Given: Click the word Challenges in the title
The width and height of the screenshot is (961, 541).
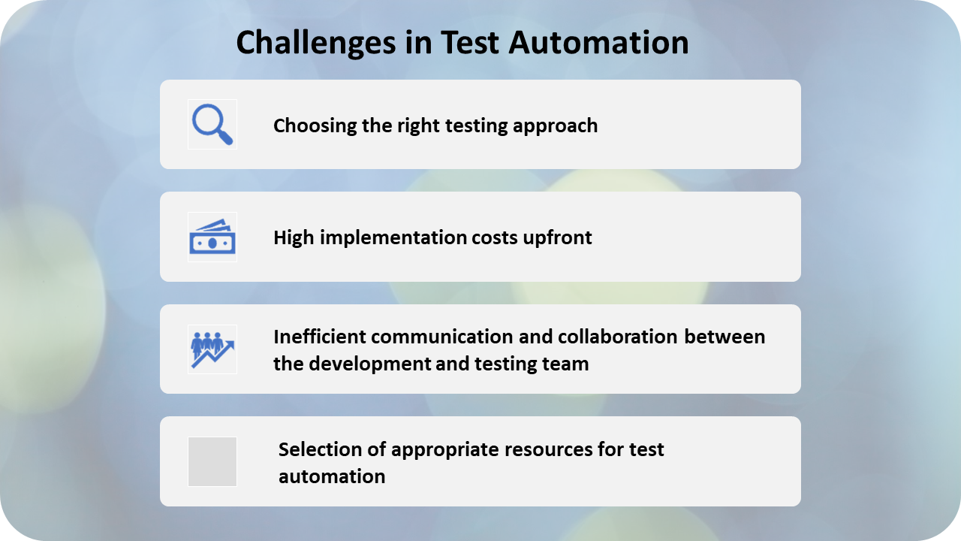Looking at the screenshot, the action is click(x=316, y=44).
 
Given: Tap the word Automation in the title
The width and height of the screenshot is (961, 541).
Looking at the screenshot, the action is click(x=598, y=43).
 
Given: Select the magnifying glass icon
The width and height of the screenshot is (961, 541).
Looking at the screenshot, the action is click(x=212, y=125).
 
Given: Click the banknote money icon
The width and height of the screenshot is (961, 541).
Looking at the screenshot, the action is click(x=212, y=237).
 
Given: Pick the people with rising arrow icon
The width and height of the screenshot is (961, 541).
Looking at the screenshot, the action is click(x=212, y=349).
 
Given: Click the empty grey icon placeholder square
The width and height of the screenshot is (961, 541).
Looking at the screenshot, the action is click(x=212, y=461).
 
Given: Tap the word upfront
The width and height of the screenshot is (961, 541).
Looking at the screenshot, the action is click(x=557, y=238).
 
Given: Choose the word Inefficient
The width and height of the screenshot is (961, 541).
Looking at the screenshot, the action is click(x=320, y=337).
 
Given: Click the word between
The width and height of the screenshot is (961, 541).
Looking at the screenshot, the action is click(x=725, y=337).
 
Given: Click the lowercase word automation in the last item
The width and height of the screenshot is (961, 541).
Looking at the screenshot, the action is click(x=332, y=476).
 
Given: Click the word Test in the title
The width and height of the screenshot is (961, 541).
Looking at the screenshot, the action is click(x=470, y=43).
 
